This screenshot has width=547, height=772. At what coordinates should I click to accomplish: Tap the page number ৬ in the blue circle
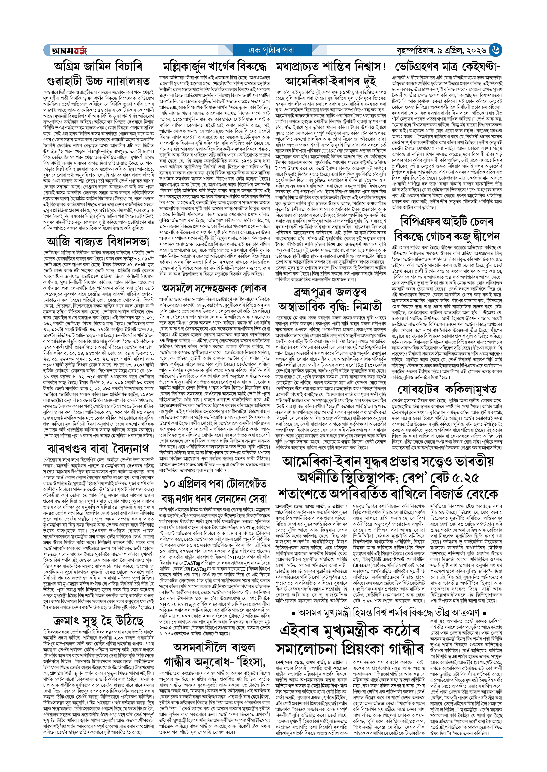tap(495, 50)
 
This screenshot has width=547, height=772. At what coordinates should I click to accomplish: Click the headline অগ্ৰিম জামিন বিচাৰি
tap(98, 66)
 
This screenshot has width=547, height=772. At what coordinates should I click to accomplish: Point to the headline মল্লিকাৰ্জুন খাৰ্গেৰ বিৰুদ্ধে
tap(214, 66)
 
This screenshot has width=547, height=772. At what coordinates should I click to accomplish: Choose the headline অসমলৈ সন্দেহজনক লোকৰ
tap(214, 288)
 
